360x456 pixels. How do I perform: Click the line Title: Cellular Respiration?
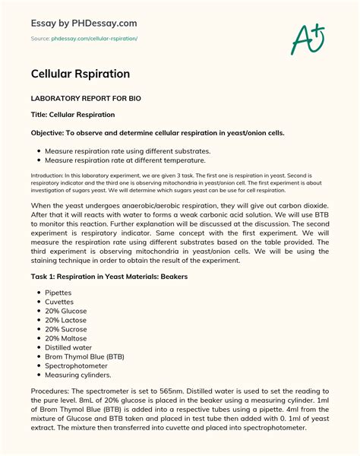click(73, 115)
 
